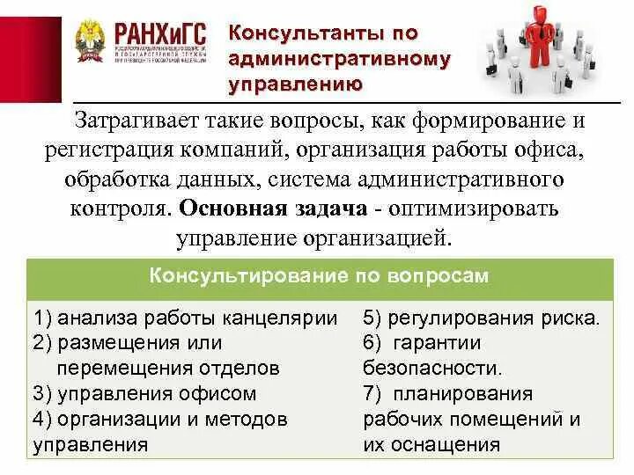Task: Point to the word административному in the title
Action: [339, 59]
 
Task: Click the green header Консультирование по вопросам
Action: [318, 275]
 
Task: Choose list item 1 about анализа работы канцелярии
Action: [186, 318]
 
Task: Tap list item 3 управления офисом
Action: [144, 393]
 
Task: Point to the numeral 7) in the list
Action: [370, 393]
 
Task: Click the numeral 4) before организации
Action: [41, 419]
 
